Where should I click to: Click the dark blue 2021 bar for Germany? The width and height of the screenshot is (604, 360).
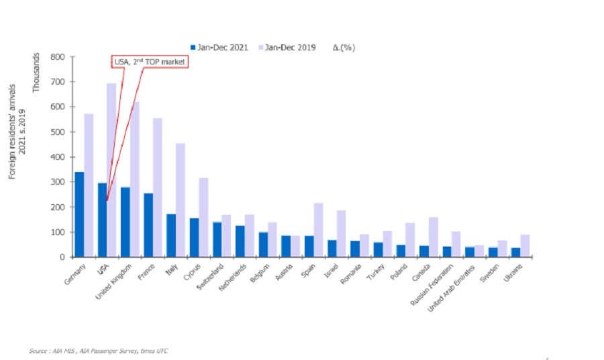click(79, 214)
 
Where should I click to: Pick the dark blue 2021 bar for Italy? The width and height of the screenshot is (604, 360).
click(171, 235)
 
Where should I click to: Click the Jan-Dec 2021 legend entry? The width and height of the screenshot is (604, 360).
click(221, 47)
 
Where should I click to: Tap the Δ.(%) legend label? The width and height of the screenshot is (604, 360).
click(345, 47)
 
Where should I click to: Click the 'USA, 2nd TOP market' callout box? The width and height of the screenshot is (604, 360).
click(149, 62)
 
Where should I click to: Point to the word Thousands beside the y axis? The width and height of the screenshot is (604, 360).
click(37, 73)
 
